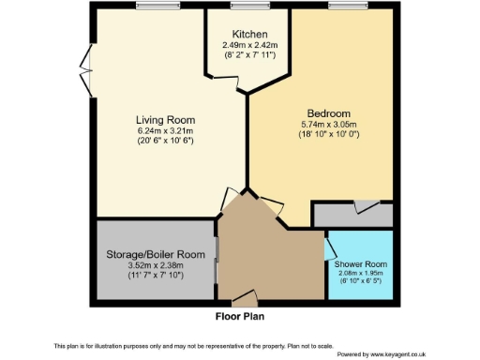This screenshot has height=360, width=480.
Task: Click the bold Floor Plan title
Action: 240,316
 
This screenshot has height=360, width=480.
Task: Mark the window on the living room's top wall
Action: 150,7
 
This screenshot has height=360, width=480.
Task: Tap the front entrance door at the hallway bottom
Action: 244,300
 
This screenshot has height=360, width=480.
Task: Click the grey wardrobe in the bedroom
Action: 354,215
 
